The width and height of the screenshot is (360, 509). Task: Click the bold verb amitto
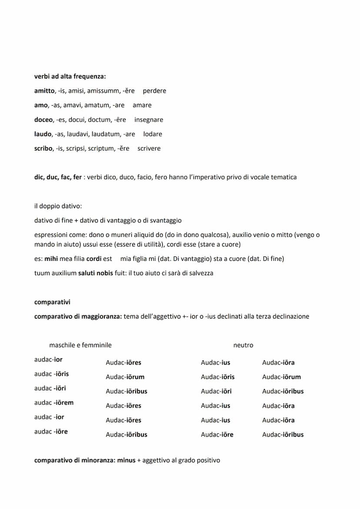tap(44, 91)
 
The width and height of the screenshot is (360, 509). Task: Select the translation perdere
tap(154, 91)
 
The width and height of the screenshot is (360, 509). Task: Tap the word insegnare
tap(149, 120)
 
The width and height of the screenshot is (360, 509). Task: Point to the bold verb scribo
tap(43, 148)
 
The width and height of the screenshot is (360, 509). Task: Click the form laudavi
tap(79, 134)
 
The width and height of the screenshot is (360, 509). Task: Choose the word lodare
tap(153, 134)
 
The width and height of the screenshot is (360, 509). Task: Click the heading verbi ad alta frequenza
tap(70, 77)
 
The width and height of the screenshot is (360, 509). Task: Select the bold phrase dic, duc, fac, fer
tap(58, 177)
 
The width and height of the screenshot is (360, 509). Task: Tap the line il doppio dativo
tap(58, 206)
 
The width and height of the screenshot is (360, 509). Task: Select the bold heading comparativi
tap(52, 302)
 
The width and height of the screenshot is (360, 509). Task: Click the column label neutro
tap(243, 345)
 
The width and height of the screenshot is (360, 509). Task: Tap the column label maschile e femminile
tap(80, 345)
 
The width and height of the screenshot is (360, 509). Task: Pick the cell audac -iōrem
tap(54, 403)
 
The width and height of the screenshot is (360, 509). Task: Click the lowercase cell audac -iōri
tap(50, 388)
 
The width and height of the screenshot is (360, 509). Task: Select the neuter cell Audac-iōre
tap(217, 434)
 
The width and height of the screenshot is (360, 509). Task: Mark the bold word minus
tap(126, 460)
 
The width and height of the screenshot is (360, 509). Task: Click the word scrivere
tap(149, 148)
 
